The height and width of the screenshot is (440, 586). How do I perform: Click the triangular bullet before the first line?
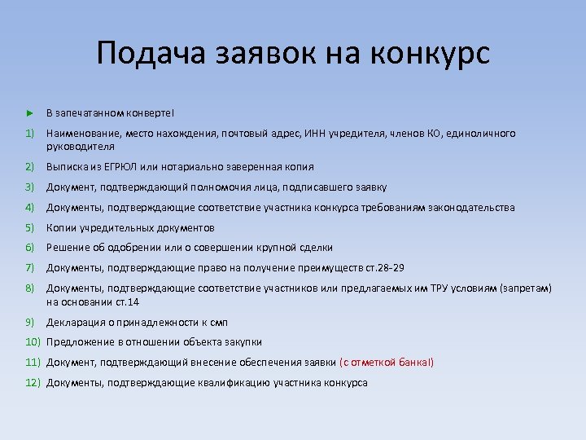click(x=29, y=112)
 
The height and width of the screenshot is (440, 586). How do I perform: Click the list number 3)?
click(x=29, y=187)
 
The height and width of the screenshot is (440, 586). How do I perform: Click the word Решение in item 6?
click(x=66, y=247)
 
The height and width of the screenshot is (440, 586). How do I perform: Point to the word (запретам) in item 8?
click(x=528, y=288)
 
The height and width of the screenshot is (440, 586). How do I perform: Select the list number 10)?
click(x=32, y=342)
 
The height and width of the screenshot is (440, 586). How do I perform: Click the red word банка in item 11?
click(x=413, y=362)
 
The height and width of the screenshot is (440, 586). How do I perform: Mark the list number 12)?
click(x=32, y=382)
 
